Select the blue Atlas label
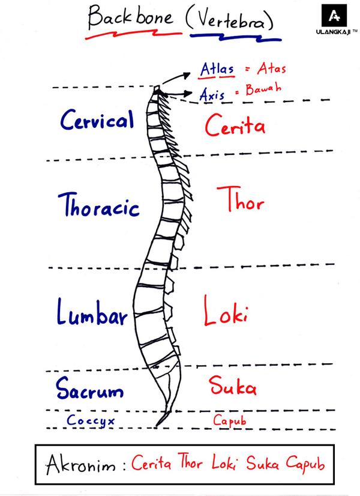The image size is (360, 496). click(x=217, y=69)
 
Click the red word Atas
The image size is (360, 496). click(x=272, y=68)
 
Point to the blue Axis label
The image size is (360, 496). click(x=212, y=94)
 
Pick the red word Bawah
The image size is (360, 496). click(x=263, y=89)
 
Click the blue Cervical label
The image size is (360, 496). click(x=97, y=119)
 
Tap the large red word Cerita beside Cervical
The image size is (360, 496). click(x=235, y=125)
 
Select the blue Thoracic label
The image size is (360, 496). click(x=98, y=205)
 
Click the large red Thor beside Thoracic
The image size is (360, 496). click(x=241, y=199)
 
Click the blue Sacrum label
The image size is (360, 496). click(x=90, y=388)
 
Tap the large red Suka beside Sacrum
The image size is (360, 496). click(x=233, y=386)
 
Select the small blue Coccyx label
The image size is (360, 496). click(x=91, y=421)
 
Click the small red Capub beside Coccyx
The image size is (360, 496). click(x=229, y=420)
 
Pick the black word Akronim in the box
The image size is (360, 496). click(x=81, y=465)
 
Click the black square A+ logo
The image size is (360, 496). click(x=334, y=16)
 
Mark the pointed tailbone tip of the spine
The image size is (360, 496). click(x=157, y=426)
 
